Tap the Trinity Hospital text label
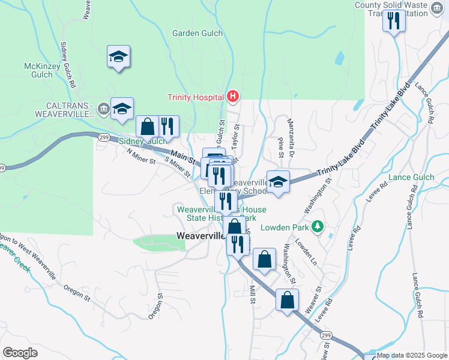pos(195,97)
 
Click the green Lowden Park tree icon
pos(318,227)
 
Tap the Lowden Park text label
pos(285,227)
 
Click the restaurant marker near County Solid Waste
pos(394,22)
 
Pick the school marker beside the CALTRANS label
pos(122,109)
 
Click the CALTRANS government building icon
pos(104,109)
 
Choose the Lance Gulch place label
pos(411,177)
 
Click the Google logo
pos(20,353)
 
